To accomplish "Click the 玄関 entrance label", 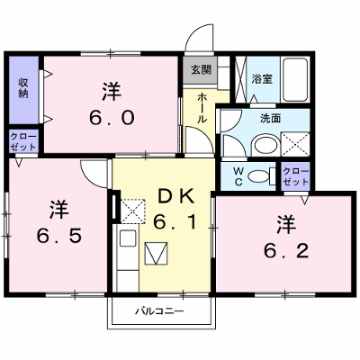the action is tap(202, 69).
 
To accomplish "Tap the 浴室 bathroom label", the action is tap(262, 79).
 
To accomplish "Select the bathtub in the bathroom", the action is tap(295, 79).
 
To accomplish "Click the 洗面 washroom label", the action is tap(270, 118).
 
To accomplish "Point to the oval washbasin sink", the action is tap(265, 145).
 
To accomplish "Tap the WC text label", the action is tap(238, 176).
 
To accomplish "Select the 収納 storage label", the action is tap(23, 87).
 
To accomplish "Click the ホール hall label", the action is tap(202, 108).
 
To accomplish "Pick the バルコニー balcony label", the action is tap(159, 311).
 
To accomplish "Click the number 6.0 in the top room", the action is tap(112, 118).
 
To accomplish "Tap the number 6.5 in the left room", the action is tap(59, 236).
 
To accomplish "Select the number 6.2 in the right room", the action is tap(286, 250).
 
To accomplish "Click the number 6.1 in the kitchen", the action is tap(175, 222).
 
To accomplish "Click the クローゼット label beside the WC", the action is tap(296, 176).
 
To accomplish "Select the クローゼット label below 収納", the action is tap(23, 141).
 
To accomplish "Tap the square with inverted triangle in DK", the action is tap(156, 254).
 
